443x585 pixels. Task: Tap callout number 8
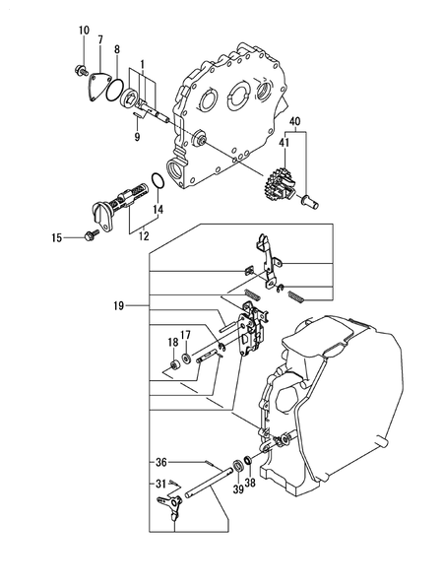pos(117,48)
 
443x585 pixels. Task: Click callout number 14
pos(158,210)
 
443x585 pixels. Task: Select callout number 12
pos(143,236)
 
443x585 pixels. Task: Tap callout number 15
pos(57,237)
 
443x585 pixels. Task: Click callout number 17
pos(185,335)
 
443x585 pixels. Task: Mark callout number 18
pos(173,343)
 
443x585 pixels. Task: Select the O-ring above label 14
pos(157,182)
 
